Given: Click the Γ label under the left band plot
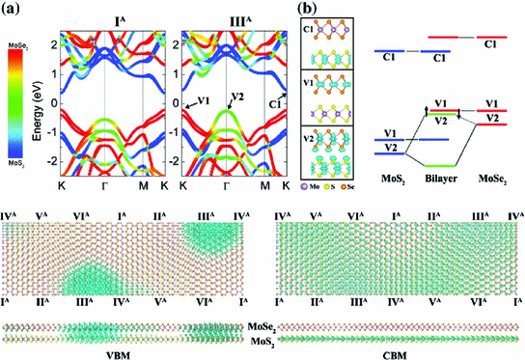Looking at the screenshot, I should tap(103, 184).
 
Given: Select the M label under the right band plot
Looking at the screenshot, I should tap(266, 184).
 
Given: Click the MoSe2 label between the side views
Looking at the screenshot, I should tap(262, 329).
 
